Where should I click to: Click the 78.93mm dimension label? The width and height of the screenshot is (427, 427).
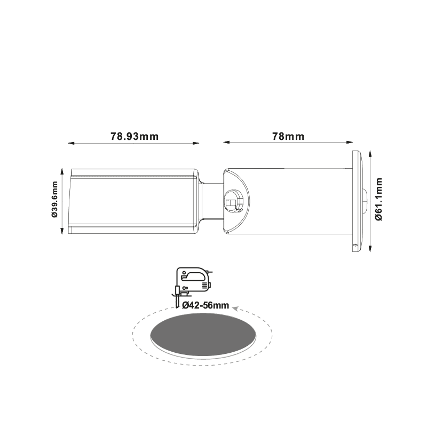pos(135,136)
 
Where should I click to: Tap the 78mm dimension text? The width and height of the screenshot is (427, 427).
pos(288,136)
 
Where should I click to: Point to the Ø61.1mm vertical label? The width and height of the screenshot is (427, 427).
pos(379,200)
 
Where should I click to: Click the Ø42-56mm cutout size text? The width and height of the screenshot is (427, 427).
pos(205,305)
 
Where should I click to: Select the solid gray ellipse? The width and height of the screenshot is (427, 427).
pos(203,335)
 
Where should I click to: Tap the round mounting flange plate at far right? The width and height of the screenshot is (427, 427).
pos(357,201)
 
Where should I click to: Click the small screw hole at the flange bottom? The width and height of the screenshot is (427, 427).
pos(355,246)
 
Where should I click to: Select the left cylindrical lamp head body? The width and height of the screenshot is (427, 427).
pos(133,201)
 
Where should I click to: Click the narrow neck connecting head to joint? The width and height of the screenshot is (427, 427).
pos(211,201)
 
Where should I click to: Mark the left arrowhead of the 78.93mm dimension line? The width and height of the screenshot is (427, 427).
pos(70,143)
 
